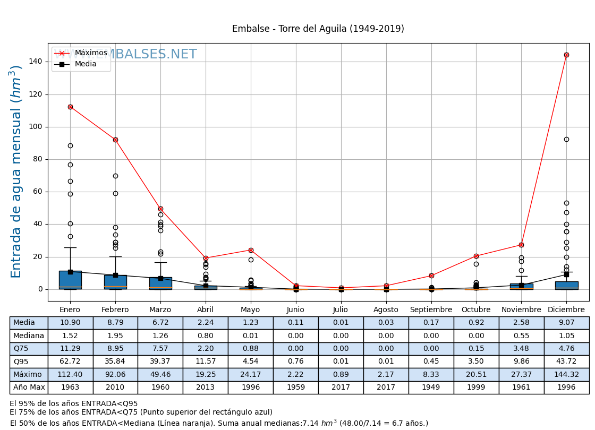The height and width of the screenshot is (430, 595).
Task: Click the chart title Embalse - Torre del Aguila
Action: (318, 29)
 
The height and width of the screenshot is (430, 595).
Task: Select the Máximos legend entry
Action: (90, 53)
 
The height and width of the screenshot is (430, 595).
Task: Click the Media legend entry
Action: (86, 64)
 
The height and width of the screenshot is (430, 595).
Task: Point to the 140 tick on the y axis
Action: (37, 62)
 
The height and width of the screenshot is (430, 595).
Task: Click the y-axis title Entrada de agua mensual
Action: (16, 171)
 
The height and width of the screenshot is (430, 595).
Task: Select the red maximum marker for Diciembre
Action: (566, 55)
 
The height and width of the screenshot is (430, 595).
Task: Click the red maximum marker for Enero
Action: (70, 107)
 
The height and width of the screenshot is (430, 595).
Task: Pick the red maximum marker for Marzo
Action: (160, 209)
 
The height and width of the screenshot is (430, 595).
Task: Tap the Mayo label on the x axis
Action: (251, 309)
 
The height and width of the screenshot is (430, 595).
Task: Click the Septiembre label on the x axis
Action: (431, 309)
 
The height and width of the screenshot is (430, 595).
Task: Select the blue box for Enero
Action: (70, 280)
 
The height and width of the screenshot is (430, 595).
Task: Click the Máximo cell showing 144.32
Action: (566, 374)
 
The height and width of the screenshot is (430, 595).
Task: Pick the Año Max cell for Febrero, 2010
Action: (115, 388)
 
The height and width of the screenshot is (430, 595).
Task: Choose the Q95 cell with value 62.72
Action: (70, 362)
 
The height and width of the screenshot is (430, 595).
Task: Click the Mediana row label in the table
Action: (29, 336)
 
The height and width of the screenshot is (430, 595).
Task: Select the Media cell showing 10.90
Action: (70, 323)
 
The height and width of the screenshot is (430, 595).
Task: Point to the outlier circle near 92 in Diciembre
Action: (566, 139)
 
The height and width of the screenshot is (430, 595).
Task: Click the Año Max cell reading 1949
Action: (431, 388)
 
